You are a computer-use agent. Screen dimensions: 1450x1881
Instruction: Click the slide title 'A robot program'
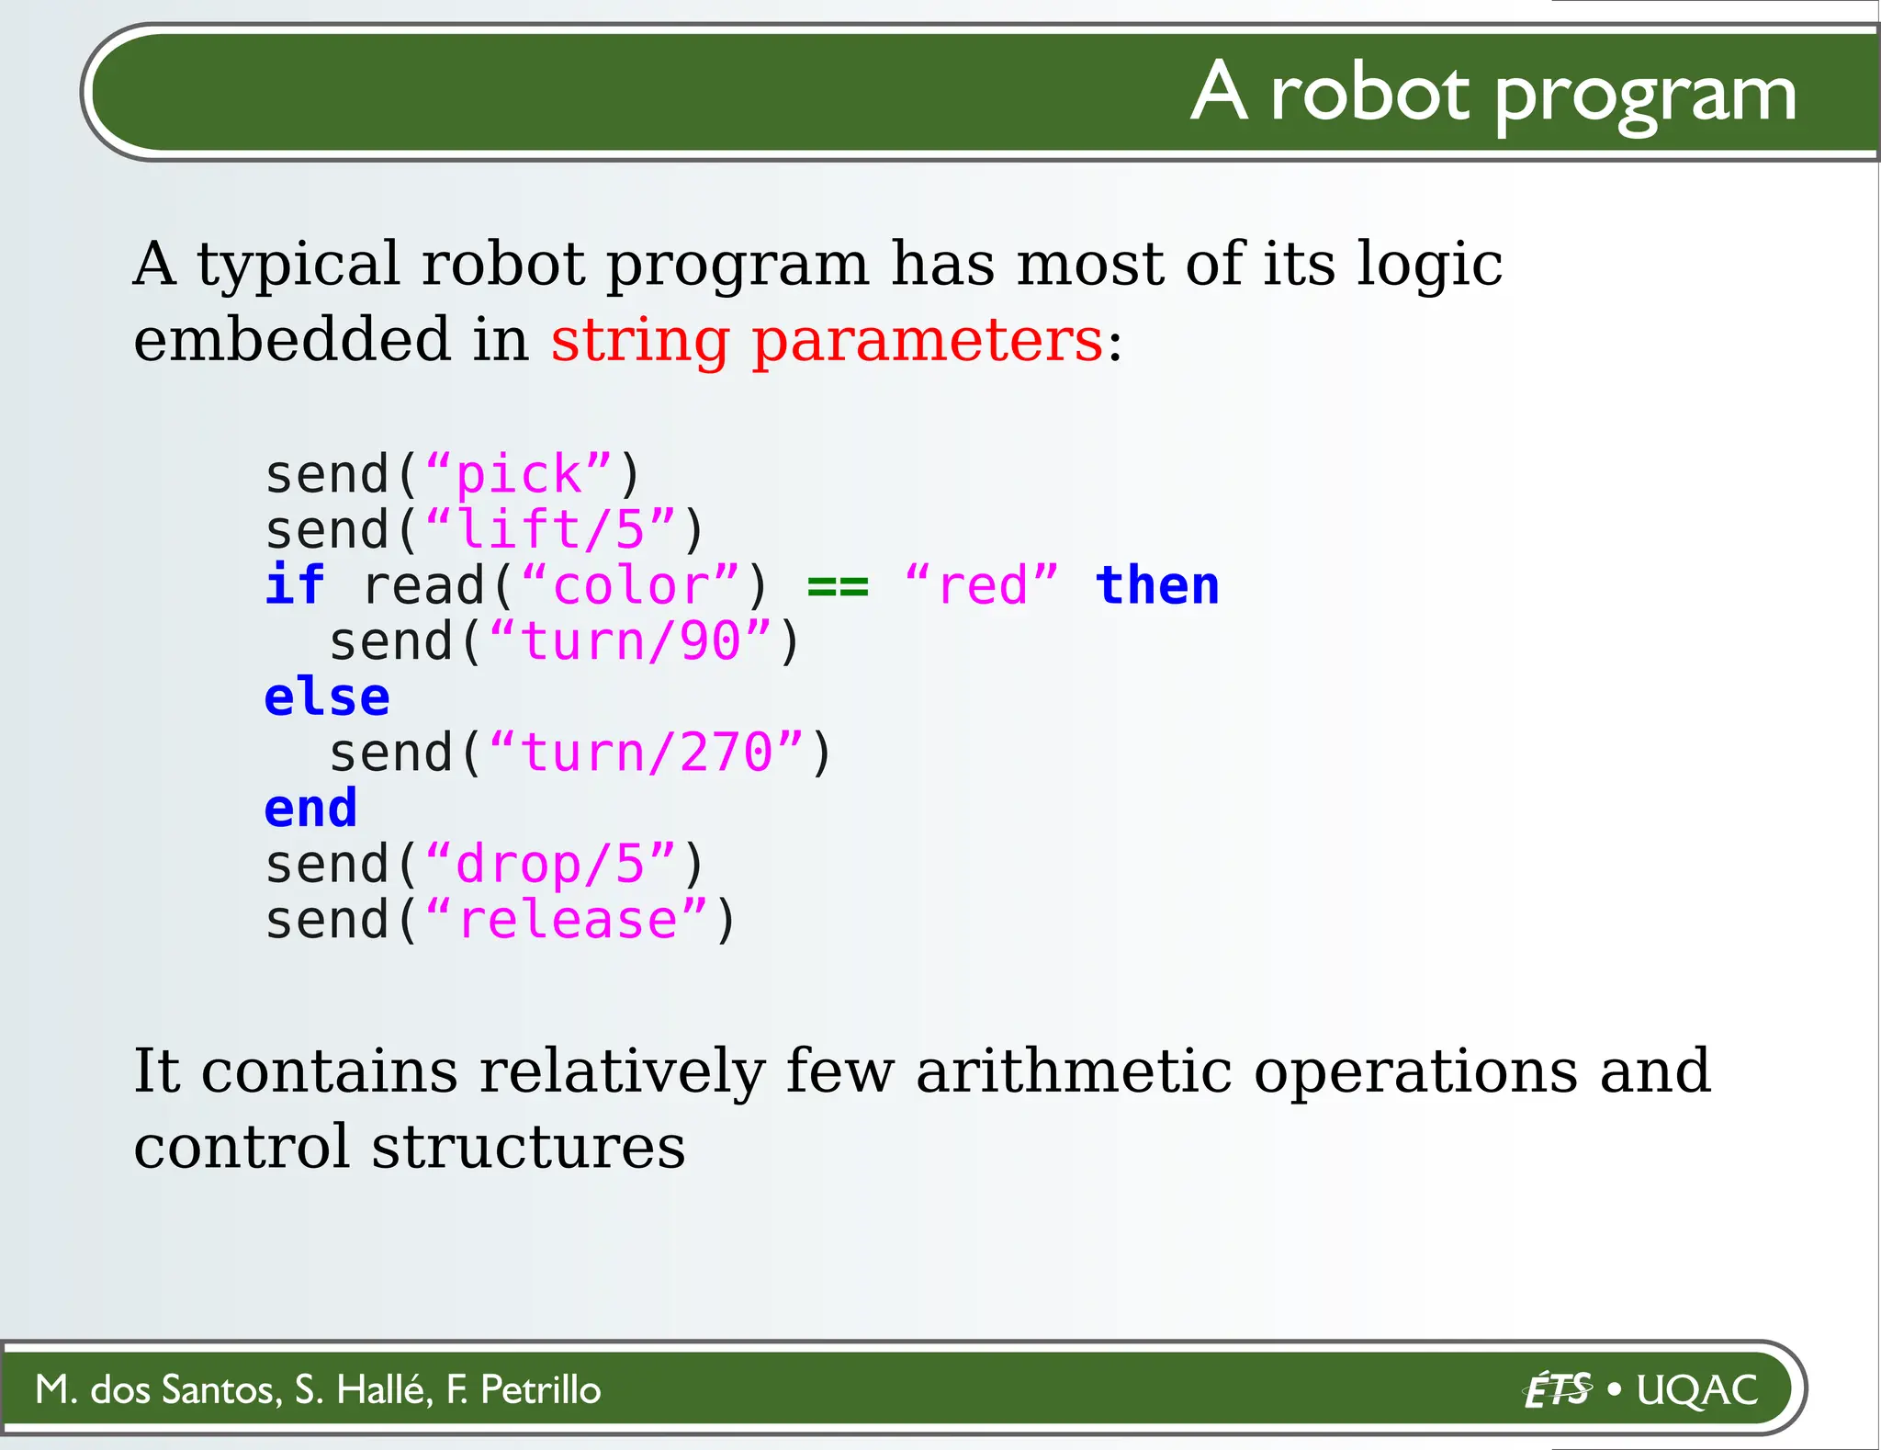click(1492, 94)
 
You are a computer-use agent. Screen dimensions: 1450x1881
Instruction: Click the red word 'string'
click(639, 342)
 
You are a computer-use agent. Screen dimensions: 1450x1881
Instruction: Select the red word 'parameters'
click(927, 342)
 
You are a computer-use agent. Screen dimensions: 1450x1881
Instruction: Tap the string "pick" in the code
click(519, 475)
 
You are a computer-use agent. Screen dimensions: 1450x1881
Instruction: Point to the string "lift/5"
click(551, 530)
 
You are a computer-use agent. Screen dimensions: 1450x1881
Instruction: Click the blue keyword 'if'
click(294, 585)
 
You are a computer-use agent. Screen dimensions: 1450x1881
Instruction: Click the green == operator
click(837, 586)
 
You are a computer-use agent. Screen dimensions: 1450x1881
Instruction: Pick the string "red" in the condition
click(982, 586)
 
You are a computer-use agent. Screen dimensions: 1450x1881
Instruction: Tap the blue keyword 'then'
click(1157, 585)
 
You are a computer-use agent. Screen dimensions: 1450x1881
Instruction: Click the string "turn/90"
click(630, 641)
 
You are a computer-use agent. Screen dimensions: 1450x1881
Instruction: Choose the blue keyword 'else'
click(326, 697)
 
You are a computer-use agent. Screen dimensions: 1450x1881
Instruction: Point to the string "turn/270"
click(647, 753)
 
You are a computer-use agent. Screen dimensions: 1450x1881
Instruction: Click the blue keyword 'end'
click(310, 809)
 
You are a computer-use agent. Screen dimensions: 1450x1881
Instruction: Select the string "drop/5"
click(551, 865)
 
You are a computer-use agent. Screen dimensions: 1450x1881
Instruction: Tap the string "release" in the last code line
click(568, 921)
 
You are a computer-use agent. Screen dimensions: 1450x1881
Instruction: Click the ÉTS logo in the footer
click(1558, 1389)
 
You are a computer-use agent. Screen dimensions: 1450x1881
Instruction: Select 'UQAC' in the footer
click(1697, 1389)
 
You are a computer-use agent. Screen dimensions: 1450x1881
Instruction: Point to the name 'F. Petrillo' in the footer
click(524, 1389)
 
